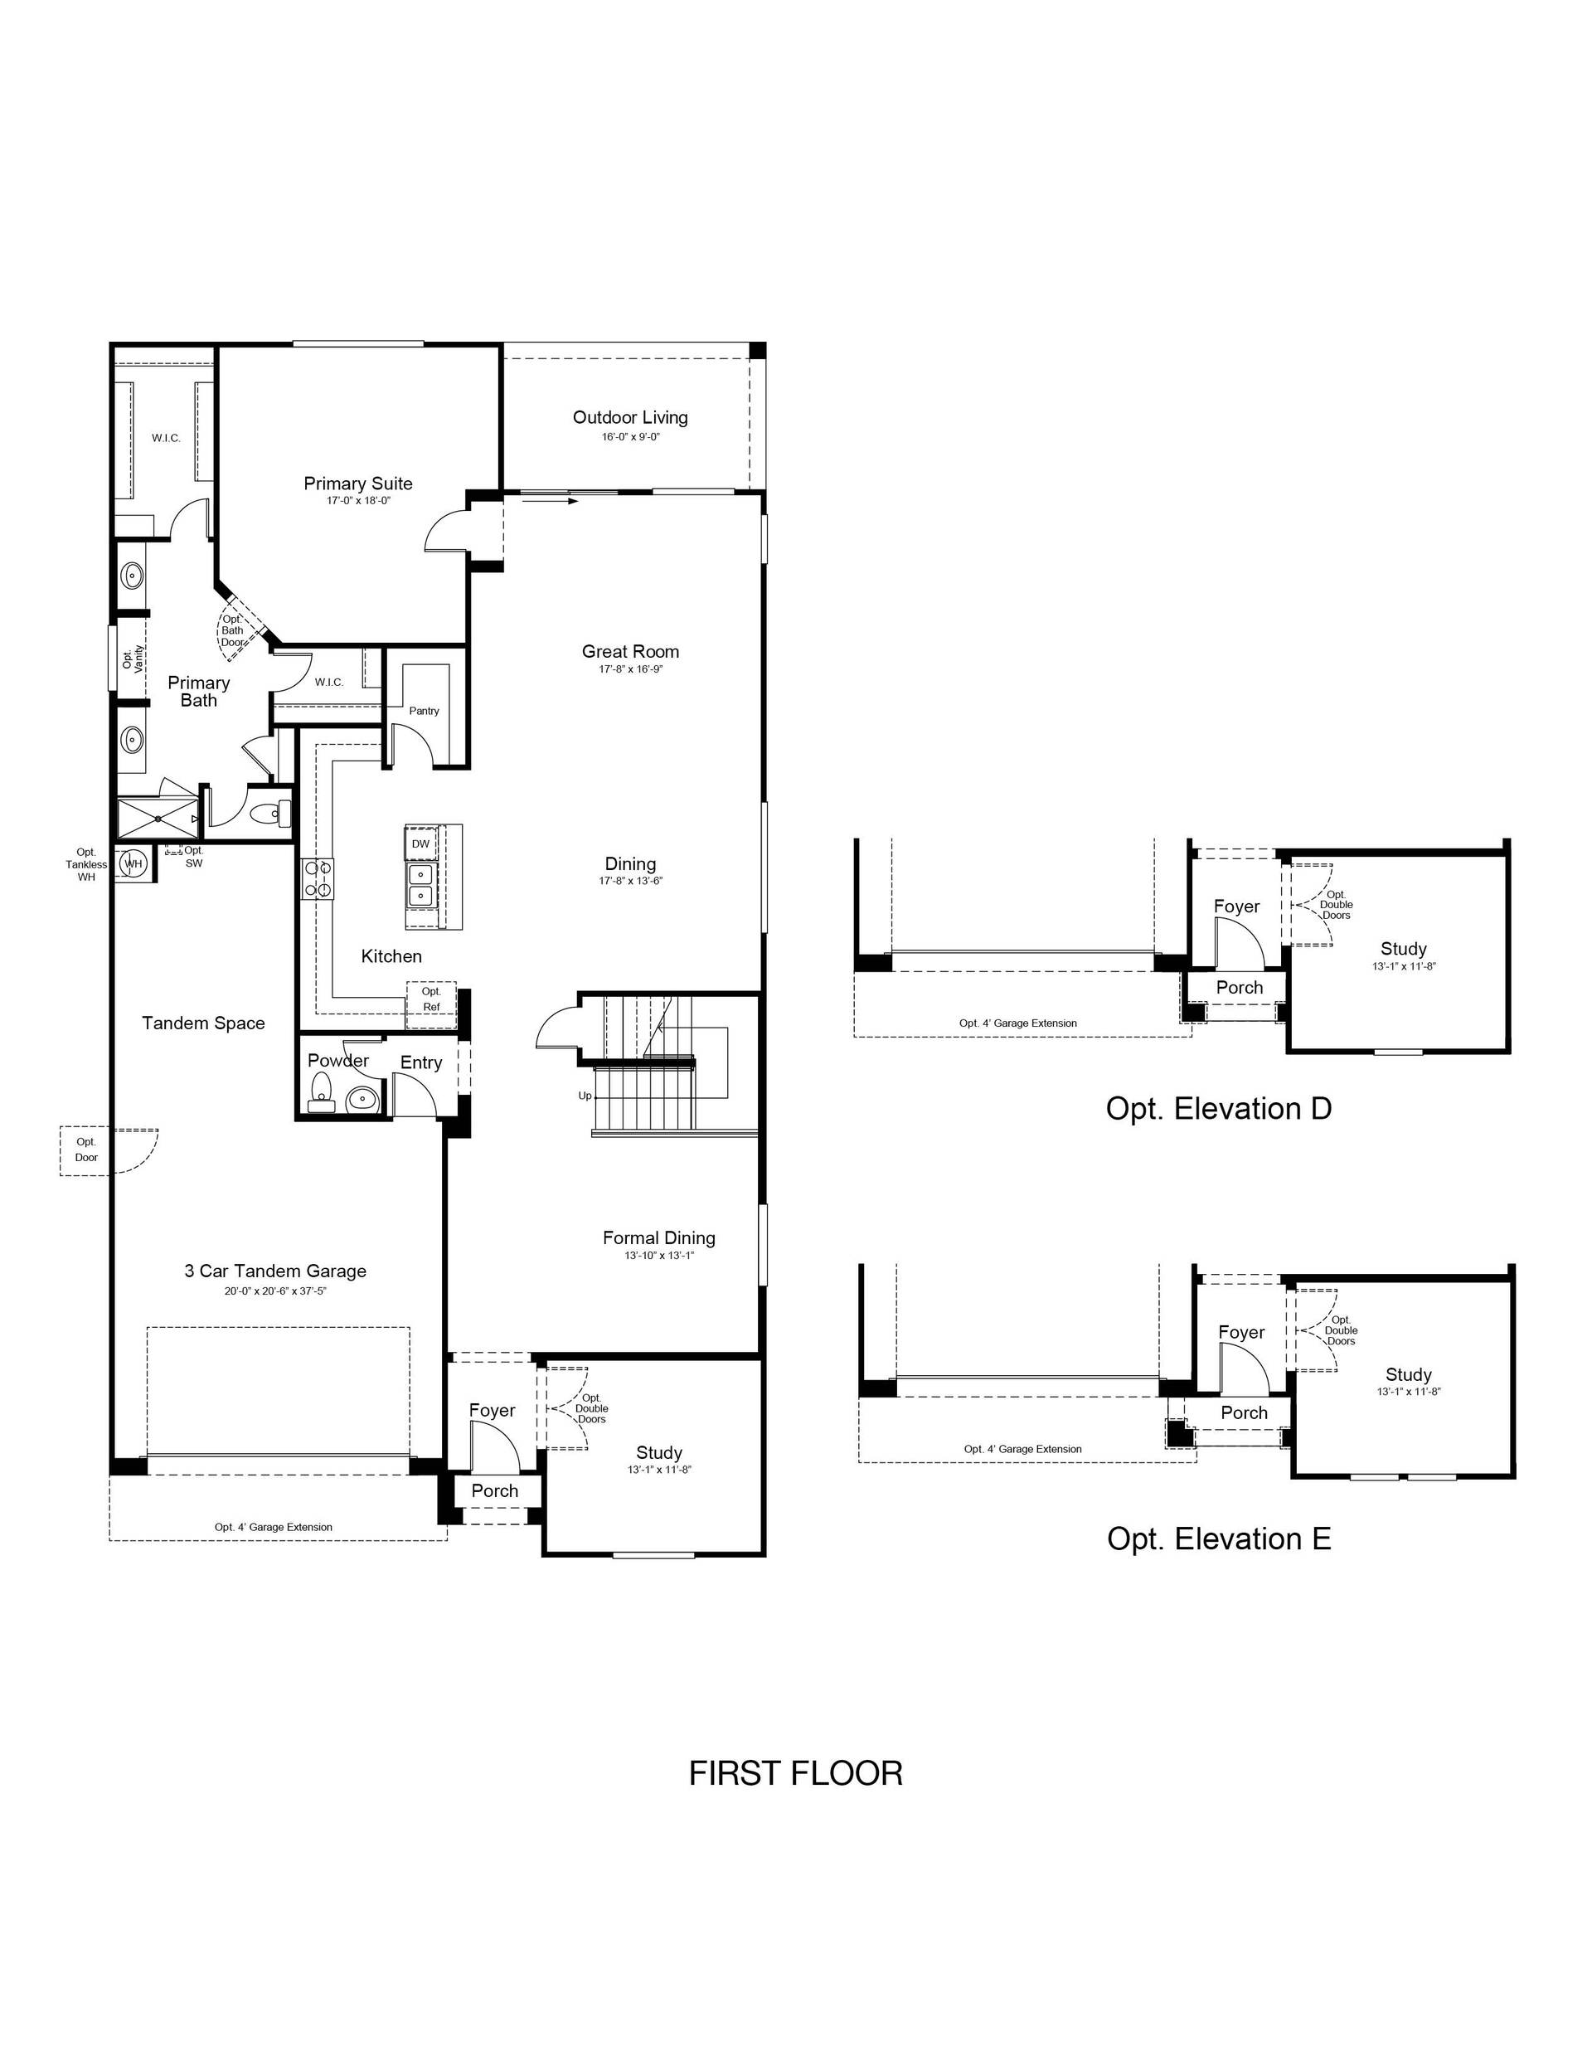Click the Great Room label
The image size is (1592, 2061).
(x=630, y=651)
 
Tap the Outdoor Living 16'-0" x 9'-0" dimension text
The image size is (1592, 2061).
(x=630, y=437)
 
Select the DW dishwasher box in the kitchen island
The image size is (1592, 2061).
(x=421, y=843)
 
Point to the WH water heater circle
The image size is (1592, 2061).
(x=133, y=863)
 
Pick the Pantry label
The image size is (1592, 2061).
(x=424, y=711)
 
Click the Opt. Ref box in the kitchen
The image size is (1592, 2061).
(x=431, y=1004)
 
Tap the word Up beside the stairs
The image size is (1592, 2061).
(x=585, y=1096)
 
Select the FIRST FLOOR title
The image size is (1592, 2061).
(x=795, y=1773)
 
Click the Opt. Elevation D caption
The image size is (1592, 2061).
(x=1218, y=1108)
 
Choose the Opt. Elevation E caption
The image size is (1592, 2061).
(x=1218, y=1538)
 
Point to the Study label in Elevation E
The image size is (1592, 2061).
(x=1408, y=1375)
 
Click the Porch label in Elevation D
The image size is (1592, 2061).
(x=1239, y=987)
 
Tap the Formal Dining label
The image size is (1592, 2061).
(x=658, y=1237)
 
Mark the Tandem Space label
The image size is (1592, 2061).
(x=203, y=1023)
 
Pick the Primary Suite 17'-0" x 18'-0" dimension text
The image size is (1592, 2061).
(x=358, y=501)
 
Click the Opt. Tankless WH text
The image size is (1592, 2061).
(x=87, y=864)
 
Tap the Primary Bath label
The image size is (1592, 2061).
(x=198, y=691)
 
